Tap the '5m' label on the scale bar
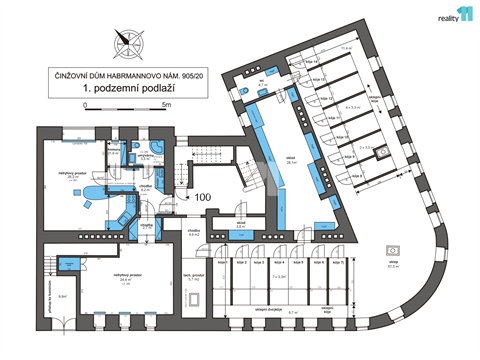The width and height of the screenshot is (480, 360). point(166,103)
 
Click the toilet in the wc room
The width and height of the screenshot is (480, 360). point(243,93)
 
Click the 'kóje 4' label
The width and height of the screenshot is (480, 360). point(281,263)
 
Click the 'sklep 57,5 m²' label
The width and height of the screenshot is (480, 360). point(394,266)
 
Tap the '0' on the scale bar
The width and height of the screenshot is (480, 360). point(85,103)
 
